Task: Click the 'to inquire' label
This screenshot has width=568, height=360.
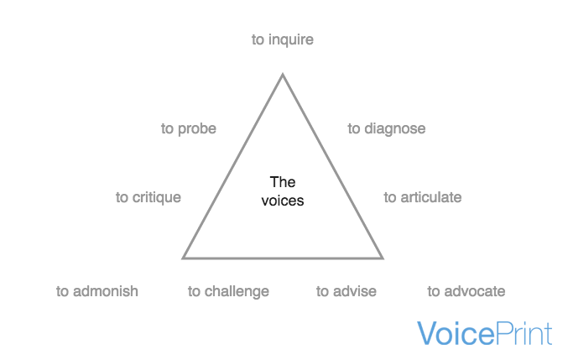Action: click(282, 39)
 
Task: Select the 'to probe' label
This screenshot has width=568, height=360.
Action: click(189, 128)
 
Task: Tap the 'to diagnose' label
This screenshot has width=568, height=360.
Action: click(387, 128)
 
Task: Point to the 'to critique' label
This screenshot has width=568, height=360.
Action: click(149, 197)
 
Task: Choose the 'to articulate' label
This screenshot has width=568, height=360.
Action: click(423, 197)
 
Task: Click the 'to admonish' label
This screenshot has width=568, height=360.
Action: click(97, 291)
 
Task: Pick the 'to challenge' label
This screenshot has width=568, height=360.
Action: click(228, 291)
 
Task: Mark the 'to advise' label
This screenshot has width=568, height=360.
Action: click(347, 291)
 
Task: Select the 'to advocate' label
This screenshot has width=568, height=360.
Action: click(466, 291)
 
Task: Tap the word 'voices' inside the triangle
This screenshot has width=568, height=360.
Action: click(283, 201)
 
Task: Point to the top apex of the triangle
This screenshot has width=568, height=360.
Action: click(283, 75)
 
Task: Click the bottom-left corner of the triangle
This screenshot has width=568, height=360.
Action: click(184, 257)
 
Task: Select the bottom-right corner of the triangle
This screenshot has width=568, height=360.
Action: click(383, 257)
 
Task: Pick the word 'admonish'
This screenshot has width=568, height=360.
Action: click(106, 291)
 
